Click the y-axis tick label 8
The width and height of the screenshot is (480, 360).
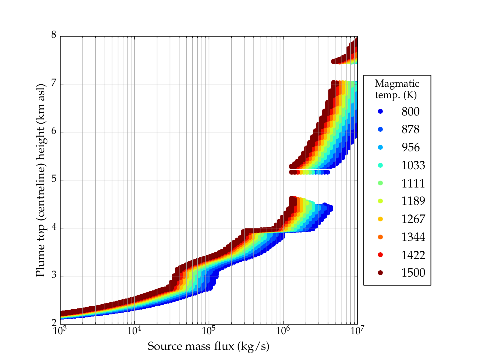(54, 35)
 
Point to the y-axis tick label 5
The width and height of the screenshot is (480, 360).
(54, 180)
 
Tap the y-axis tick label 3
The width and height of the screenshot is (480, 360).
(54, 276)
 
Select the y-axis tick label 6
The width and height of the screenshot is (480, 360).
(54, 132)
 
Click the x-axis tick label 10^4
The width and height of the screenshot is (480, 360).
(134, 331)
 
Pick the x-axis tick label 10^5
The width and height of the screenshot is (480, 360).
(208, 331)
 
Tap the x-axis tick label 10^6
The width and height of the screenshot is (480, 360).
(283, 331)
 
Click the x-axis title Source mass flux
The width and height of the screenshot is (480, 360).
(208, 346)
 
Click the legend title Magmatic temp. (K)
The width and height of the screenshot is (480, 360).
(397, 89)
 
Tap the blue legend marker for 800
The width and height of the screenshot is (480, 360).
(380, 111)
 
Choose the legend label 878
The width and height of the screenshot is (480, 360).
(410, 129)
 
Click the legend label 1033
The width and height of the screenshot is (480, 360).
(413, 165)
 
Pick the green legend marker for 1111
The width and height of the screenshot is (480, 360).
(380, 183)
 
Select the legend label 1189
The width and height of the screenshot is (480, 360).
(413, 201)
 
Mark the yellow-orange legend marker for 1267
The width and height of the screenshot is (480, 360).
(380, 219)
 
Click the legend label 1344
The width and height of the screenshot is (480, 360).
(413, 237)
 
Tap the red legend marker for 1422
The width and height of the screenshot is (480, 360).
(380, 255)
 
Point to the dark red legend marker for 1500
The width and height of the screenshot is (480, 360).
(380, 272)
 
